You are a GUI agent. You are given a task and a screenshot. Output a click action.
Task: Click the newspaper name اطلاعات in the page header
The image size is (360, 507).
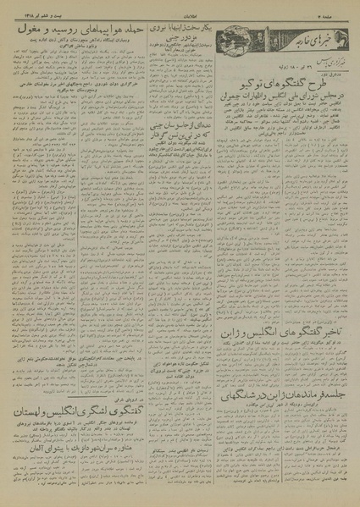coord(179,12)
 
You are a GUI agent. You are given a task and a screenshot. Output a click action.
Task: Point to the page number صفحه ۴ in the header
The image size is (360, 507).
coord(334,12)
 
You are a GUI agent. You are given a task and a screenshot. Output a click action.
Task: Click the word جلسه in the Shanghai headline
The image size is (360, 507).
coord(331,396)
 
